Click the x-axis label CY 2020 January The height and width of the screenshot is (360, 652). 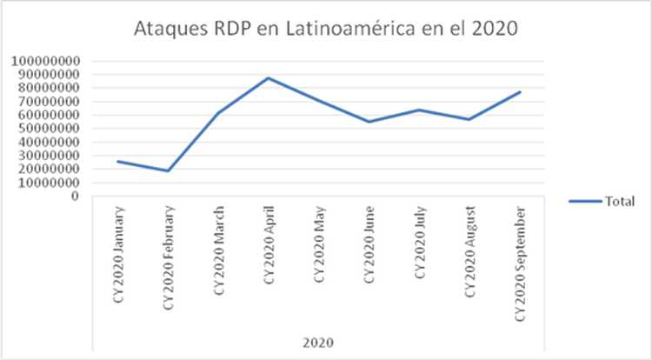(x=119, y=252)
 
